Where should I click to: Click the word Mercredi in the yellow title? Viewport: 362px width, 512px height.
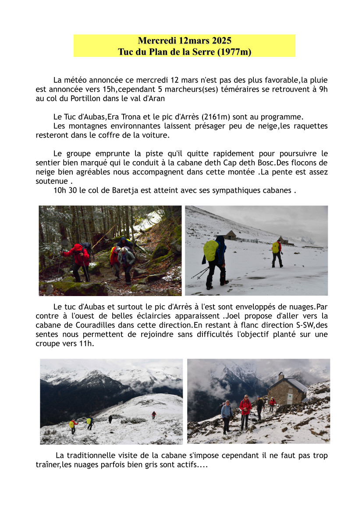tap(157, 41)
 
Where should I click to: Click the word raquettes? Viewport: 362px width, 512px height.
tap(312, 126)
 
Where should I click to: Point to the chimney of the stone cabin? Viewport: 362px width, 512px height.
tap(281, 376)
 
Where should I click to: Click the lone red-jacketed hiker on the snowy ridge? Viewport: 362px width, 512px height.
tap(153, 414)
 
